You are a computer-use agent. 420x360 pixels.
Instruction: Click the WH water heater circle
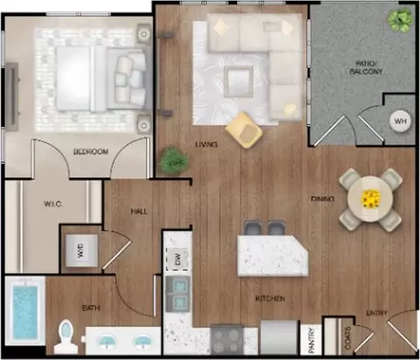[x=400, y=121]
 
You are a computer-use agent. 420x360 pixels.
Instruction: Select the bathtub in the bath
[x=25, y=311]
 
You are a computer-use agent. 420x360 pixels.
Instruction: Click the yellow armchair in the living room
[x=244, y=130]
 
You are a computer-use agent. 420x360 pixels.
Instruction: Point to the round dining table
[x=371, y=199]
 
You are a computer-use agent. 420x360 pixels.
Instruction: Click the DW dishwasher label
[x=178, y=259]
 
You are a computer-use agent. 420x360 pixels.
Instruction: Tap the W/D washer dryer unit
[x=81, y=251]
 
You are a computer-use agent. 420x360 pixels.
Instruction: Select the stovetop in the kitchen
[x=227, y=339]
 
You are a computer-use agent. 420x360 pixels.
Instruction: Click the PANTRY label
[x=311, y=341]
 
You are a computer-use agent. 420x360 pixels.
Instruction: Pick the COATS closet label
[x=347, y=338]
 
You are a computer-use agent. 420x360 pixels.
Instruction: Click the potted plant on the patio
[x=400, y=18]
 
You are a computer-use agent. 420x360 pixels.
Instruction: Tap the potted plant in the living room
[x=174, y=161]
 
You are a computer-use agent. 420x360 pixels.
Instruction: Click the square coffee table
[x=239, y=81]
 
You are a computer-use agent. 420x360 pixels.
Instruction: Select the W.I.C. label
[x=53, y=204]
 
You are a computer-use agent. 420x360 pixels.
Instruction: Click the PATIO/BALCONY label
[x=366, y=67]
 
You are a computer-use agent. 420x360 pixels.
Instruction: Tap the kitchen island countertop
[x=272, y=256]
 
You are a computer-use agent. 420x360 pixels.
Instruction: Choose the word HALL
[x=139, y=211]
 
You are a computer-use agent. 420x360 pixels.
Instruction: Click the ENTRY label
[x=377, y=313]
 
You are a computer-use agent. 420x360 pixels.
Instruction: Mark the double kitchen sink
[x=178, y=293]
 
